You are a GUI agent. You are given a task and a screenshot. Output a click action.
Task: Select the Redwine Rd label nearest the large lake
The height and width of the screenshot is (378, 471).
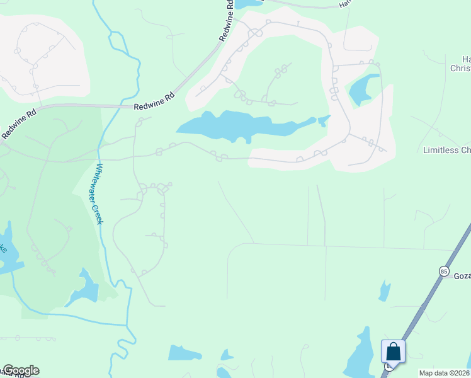pos(154,101)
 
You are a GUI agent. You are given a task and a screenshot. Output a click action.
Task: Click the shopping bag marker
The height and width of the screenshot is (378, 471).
pos(393,352)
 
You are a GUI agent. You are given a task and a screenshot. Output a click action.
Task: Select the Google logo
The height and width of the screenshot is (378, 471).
pos(20,370)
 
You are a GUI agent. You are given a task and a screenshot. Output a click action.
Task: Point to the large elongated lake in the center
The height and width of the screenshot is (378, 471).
pos(239,126)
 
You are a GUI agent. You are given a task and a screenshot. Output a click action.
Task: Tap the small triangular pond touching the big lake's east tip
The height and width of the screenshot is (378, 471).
pos(324,120)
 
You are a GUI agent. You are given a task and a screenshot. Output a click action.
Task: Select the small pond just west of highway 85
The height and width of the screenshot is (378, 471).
pos(383,290)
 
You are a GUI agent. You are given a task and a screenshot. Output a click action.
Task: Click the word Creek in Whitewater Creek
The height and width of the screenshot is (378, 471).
pos(103,214)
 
